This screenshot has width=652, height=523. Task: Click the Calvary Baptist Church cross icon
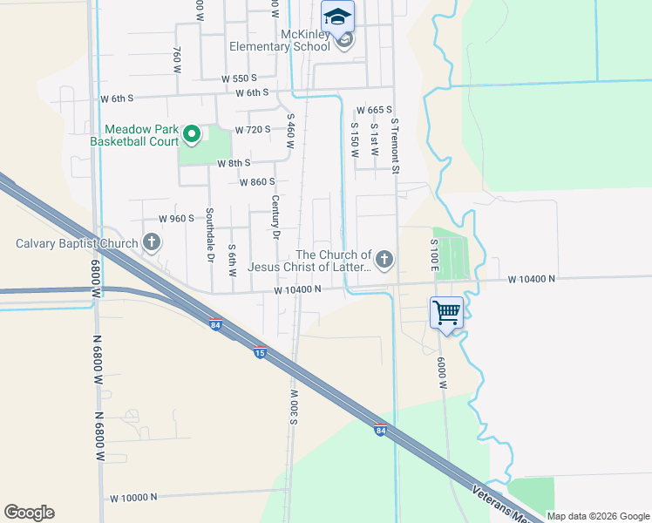click(x=152, y=242)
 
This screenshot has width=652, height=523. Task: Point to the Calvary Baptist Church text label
click(x=77, y=243)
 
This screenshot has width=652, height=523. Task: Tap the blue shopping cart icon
click(x=446, y=311)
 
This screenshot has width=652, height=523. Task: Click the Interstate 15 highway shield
click(x=260, y=351)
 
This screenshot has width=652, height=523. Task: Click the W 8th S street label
click(x=234, y=163)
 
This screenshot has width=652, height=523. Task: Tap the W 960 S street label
click(x=175, y=219)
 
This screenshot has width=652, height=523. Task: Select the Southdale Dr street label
click(x=210, y=235)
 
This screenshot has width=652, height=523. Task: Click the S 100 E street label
click(x=433, y=254)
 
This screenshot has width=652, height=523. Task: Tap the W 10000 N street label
click(x=132, y=497)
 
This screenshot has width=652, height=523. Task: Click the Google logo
click(x=29, y=513)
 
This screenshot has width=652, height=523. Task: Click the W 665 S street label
click(x=374, y=110)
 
